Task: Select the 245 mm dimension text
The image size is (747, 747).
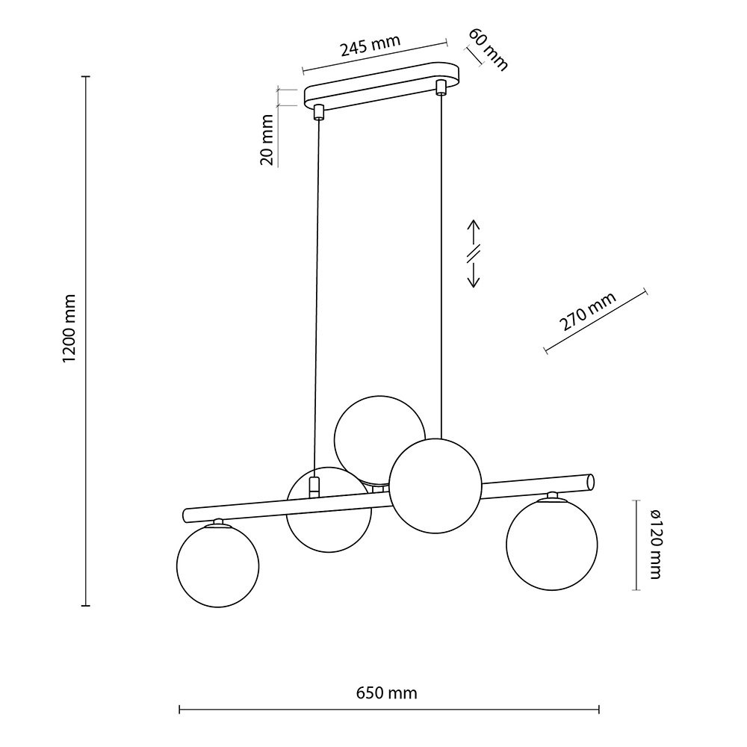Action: coord(370,48)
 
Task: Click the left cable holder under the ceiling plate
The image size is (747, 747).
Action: coord(319,113)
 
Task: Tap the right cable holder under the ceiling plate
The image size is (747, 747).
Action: coord(441,89)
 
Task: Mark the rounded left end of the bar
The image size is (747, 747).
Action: coord(187,515)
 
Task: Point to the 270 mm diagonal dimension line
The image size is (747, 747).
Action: coord(595,321)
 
